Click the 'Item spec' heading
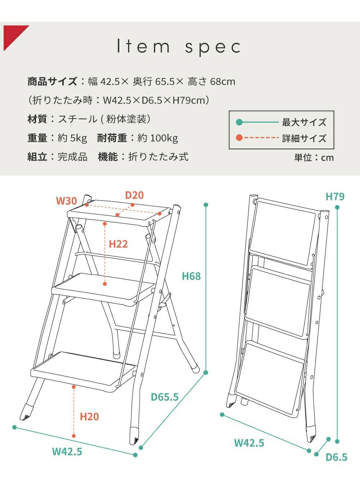179,47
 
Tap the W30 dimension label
67,201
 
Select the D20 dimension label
134,195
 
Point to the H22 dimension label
118,244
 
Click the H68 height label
191,276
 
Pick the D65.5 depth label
165,397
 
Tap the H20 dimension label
89,417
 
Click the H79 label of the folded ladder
335,196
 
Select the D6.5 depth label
336,457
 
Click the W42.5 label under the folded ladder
249,443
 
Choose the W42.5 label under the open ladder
67,452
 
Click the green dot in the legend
239,122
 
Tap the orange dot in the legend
239,138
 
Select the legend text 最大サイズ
304,122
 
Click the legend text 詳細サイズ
304,138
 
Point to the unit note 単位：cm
314,158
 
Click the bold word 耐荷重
112,138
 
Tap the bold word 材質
37,119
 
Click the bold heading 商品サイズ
52,81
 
